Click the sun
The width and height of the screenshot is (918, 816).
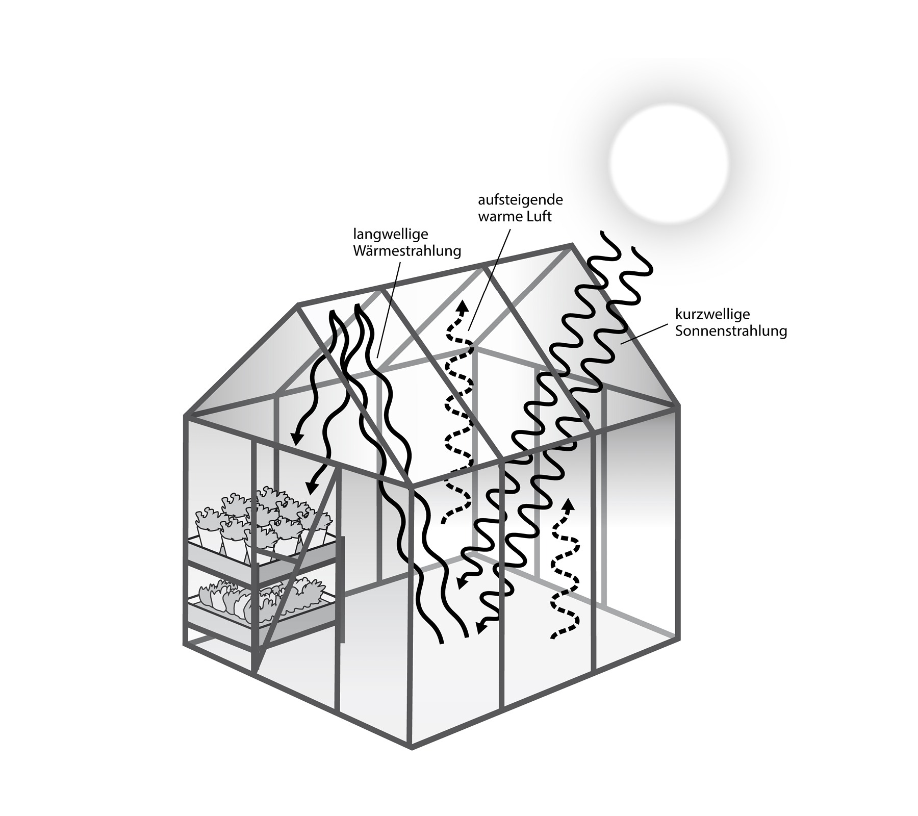click(x=669, y=163)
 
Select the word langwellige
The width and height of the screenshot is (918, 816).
click(x=391, y=235)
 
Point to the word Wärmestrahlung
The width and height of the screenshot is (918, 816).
click(x=407, y=251)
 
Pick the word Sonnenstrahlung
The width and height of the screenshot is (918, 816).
click(x=731, y=331)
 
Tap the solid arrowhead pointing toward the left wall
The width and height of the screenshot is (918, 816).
click(x=296, y=437)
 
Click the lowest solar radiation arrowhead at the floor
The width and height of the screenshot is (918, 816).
click(x=481, y=629)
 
